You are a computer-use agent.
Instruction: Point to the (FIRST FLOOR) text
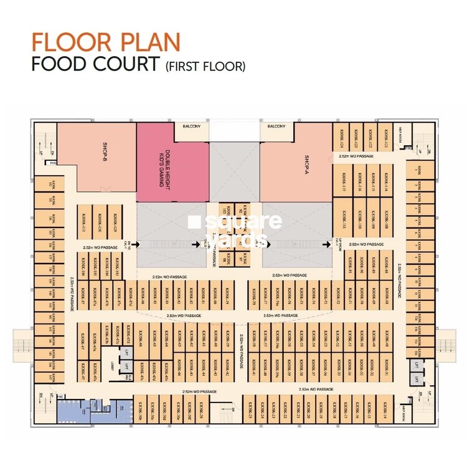[206, 65]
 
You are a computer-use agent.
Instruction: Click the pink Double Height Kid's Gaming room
[172, 162]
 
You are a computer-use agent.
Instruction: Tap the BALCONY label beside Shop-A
[276, 127]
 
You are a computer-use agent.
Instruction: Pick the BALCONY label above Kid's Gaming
[192, 127]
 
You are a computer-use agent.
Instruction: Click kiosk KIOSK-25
[252, 409]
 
